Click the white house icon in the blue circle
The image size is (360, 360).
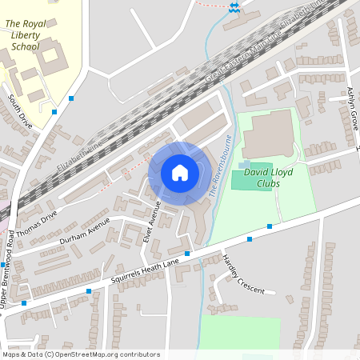tap(180, 173)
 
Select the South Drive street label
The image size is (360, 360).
tap(20, 111)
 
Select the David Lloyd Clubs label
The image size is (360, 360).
tap(269, 177)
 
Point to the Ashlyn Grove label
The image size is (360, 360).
tap(353, 110)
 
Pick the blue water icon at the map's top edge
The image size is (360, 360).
tap(234, 7)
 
